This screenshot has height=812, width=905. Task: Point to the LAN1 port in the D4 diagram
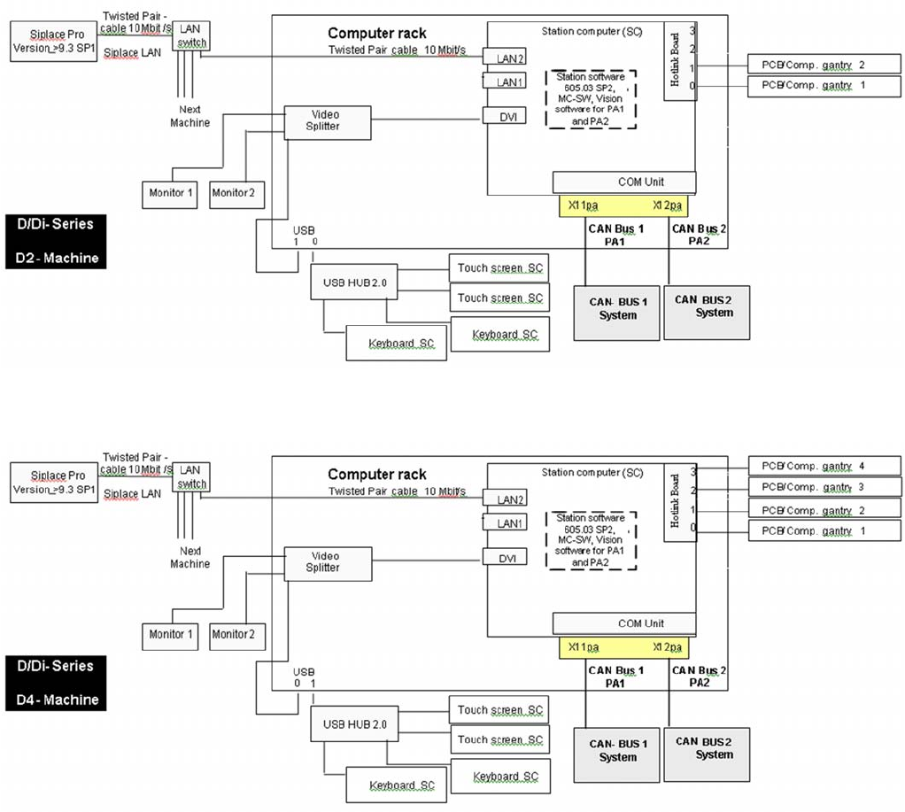coord(508,523)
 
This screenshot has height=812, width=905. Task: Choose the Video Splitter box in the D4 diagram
coord(326,562)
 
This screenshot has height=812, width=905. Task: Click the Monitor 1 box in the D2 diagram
coord(172,193)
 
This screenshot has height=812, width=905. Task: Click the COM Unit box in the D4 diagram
coord(623,623)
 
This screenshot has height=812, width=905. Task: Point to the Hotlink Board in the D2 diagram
coord(677,61)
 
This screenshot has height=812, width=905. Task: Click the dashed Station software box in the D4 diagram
coord(592,539)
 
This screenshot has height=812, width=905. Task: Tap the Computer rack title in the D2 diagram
coord(376,34)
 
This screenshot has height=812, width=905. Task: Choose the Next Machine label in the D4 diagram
coord(190,558)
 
